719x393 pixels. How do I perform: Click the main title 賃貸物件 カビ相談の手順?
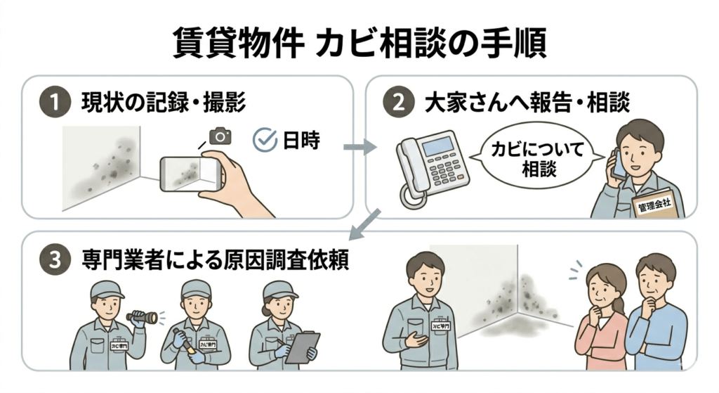tap(359, 44)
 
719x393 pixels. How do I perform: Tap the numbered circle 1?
tap(55, 103)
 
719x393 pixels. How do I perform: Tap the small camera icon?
tap(220, 136)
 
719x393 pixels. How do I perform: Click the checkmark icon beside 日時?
tap(265, 140)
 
